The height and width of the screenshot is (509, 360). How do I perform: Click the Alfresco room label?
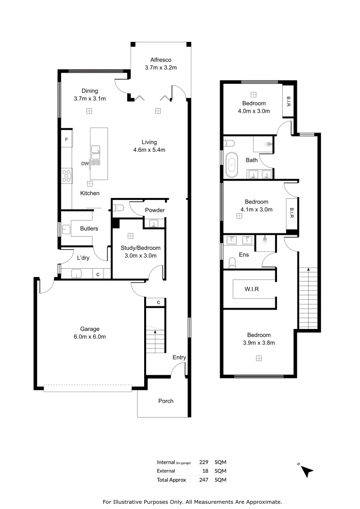click(x=160, y=60)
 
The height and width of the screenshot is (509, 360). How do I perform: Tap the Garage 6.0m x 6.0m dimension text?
click(x=90, y=337)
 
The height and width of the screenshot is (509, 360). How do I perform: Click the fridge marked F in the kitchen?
click(x=66, y=140)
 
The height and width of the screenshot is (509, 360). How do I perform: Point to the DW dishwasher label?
click(x=85, y=164)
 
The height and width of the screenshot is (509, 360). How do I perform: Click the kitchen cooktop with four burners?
click(x=66, y=176)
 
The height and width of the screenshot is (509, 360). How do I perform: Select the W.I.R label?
click(x=252, y=288)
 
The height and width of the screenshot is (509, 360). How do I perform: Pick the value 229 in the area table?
click(x=204, y=462)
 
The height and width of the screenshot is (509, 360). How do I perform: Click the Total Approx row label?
click(x=172, y=480)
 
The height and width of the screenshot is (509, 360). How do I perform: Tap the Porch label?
click(x=165, y=401)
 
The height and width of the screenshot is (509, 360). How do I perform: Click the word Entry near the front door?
click(x=179, y=358)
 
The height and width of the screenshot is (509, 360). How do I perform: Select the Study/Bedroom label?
click(x=140, y=248)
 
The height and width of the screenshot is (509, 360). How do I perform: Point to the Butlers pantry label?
click(x=89, y=229)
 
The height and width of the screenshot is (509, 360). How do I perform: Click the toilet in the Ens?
click(x=231, y=263)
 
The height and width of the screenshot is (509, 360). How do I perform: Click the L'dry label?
click(x=83, y=258)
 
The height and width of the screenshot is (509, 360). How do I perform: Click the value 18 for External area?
click(x=205, y=471)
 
